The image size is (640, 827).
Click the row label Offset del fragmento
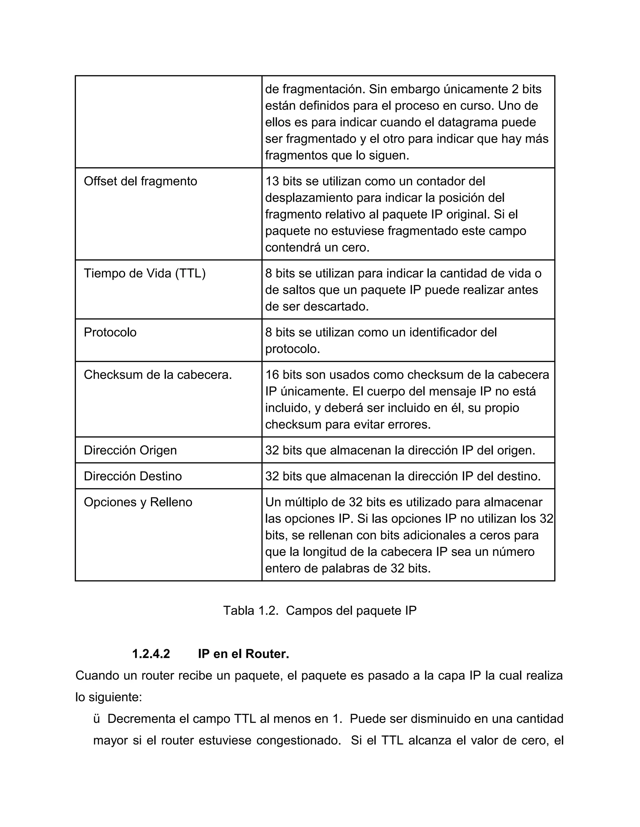click(140, 181)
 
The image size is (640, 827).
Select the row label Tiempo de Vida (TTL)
click(144, 273)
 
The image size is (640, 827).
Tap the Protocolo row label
click(110, 332)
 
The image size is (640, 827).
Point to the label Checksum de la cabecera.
click(158, 375)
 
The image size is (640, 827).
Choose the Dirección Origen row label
click(130, 450)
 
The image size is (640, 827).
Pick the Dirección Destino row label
click(133, 476)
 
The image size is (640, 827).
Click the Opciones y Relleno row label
click(138, 502)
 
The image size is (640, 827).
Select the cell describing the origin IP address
click(400, 450)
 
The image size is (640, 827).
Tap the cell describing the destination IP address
click(402, 476)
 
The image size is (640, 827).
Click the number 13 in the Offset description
click(272, 181)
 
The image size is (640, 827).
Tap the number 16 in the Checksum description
click(272, 375)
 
